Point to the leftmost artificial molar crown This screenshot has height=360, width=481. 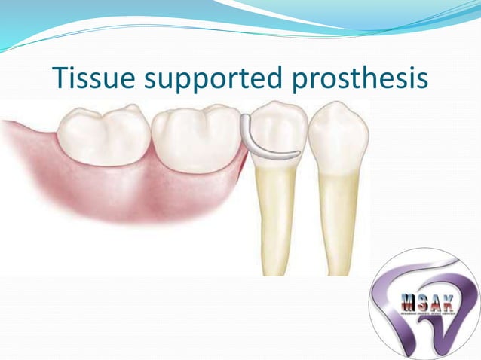point(103,136)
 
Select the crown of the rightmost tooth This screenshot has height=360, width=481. point(337,136)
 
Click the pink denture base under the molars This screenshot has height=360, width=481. point(136,192)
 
